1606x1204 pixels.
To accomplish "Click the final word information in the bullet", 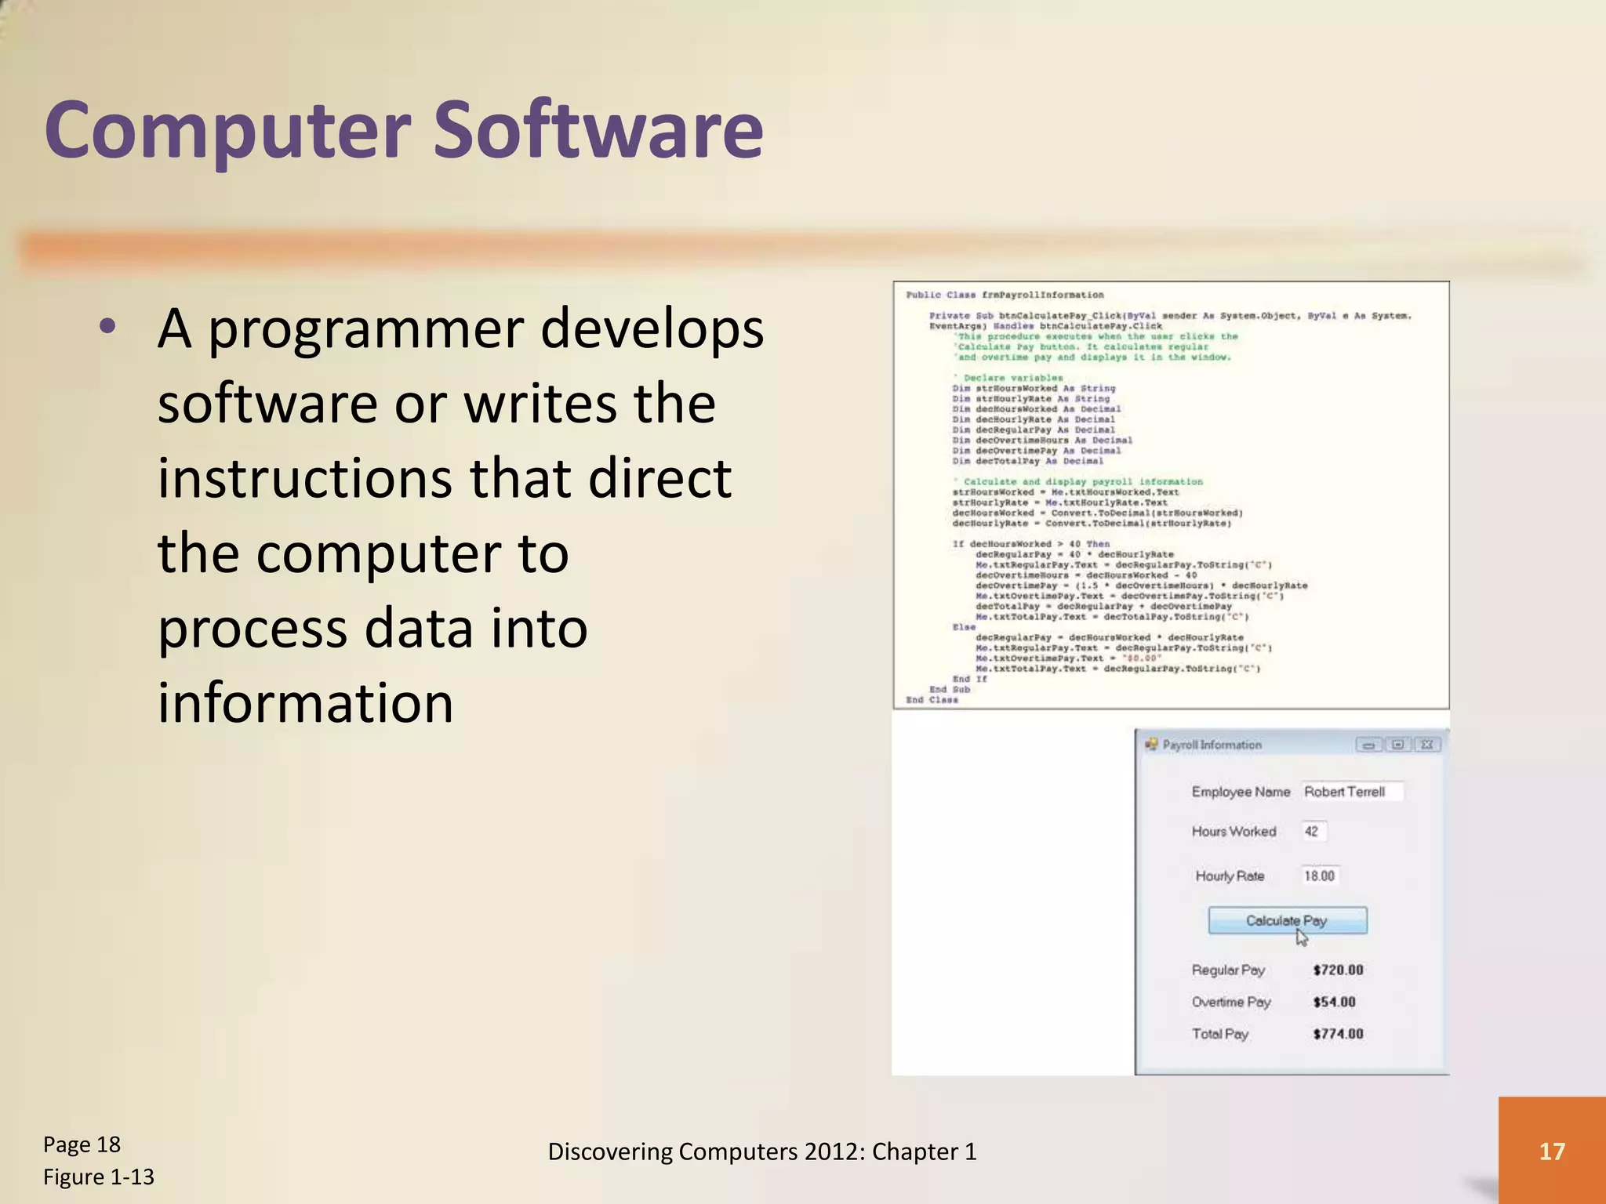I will click(305, 702).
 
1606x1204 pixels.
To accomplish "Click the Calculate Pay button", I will click(1287, 920).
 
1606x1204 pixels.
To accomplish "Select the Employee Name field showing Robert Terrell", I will click(1351, 792).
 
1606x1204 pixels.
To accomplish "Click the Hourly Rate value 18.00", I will click(1320, 876).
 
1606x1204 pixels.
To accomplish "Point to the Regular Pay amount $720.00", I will click(1338, 970).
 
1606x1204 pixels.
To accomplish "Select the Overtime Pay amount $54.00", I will click(1334, 1002).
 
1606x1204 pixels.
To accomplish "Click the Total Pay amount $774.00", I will click(1338, 1034).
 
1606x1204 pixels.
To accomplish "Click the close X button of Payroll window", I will click(1427, 745).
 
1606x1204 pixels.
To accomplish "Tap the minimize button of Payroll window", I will click(1368, 745).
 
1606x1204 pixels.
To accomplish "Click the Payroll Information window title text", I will click(1212, 745).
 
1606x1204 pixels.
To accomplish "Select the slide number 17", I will click(1551, 1151).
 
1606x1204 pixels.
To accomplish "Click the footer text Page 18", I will click(82, 1144).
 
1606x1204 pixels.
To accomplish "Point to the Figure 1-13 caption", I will click(99, 1177).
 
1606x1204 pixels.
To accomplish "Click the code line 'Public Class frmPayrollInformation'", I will click(1005, 296).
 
